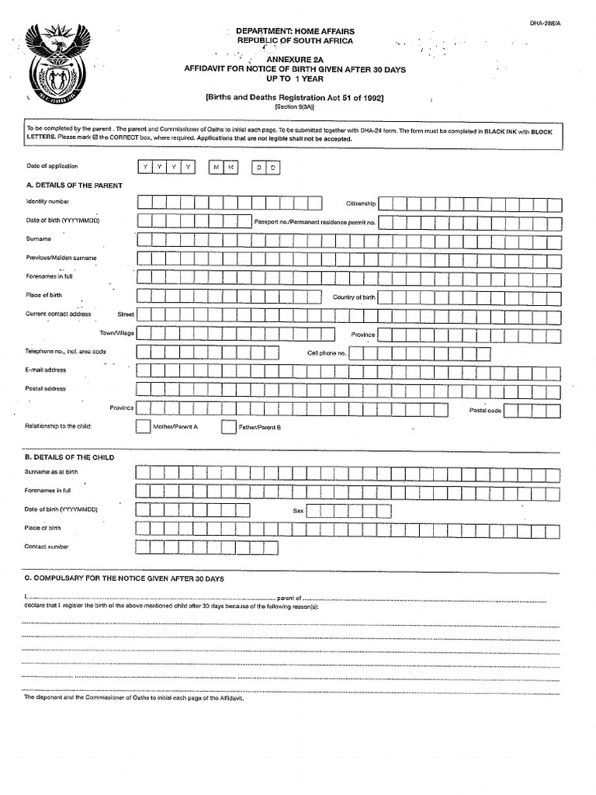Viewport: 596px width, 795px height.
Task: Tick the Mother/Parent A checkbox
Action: [x=144, y=427]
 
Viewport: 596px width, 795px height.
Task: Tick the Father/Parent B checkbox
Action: [x=229, y=427]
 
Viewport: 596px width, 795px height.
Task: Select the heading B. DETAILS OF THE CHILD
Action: [x=69, y=457]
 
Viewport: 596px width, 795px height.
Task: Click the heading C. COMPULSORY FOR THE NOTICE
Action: [x=124, y=579]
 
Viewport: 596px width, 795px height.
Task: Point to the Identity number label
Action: [x=47, y=202]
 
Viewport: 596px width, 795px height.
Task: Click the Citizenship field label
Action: [x=361, y=203]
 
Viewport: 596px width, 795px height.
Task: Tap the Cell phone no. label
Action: [x=327, y=352]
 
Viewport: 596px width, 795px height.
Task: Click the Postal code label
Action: [x=485, y=410]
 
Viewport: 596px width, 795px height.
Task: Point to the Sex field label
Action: [x=297, y=511]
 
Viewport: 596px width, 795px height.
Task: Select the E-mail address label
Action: [x=46, y=370]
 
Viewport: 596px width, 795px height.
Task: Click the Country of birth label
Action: [x=354, y=297]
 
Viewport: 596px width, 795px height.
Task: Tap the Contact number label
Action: [x=47, y=547]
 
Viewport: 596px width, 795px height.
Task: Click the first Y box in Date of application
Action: [x=144, y=168]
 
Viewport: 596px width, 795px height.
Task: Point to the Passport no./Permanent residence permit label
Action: [x=314, y=222]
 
